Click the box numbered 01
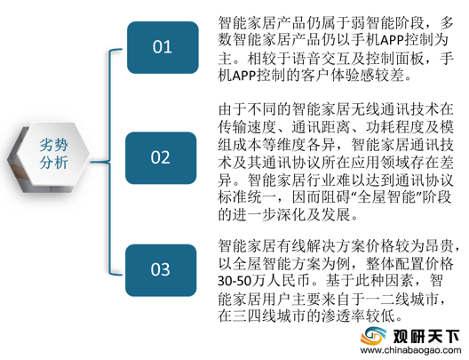pyautogui.click(x=163, y=47)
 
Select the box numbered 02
pyautogui.click(x=161, y=157)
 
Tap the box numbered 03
pyautogui.click(x=161, y=270)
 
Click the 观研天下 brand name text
pyautogui.click(x=426, y=336)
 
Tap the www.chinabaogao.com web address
pyautogui.click(x=410, y=351)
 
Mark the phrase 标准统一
pyautogui.click(x=247, y=197)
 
